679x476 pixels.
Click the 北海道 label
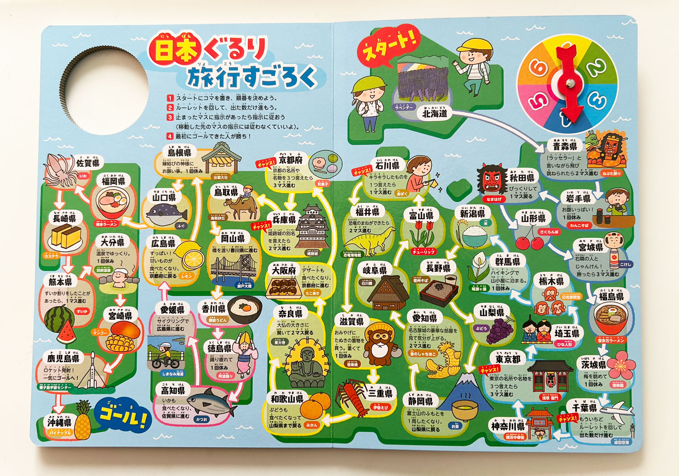435,113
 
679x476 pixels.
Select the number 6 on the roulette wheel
538,68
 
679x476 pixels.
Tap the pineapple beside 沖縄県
83,420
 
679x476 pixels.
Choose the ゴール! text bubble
122,413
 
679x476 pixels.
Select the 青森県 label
565,146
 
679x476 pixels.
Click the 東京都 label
507,359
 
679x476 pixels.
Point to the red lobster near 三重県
353,397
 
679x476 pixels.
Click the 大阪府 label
284,270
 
